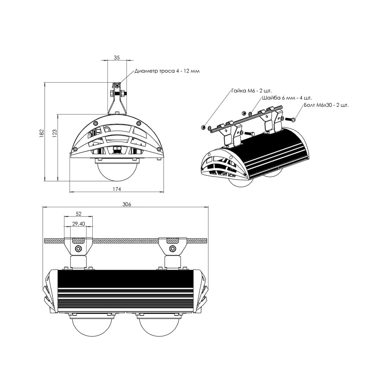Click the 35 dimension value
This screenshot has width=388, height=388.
click(117, 57)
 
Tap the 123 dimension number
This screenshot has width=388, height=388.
click(54, 133)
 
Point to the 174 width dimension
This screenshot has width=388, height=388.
click(117, 189)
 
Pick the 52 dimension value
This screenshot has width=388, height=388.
click(78, 214)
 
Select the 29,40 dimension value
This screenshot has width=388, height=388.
click(78, 223)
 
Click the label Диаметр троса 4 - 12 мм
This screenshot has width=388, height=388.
click(167, 71)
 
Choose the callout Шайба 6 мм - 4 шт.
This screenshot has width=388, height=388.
click(287, 98)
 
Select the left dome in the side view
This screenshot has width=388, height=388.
click(92, 326)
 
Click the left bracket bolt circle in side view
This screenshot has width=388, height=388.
click(78, 249)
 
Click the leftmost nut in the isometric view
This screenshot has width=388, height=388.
click(203, 127)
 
